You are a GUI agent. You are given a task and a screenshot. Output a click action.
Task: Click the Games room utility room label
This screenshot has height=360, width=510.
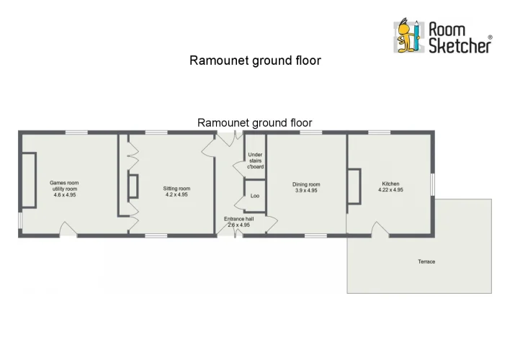64,186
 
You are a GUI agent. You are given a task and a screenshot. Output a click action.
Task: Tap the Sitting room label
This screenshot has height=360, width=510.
176,189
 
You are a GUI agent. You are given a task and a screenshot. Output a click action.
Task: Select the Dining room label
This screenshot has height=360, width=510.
306,184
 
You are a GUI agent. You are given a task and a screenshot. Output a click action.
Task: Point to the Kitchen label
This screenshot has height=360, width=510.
390,184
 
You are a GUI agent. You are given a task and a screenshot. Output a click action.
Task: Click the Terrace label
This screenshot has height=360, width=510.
426,261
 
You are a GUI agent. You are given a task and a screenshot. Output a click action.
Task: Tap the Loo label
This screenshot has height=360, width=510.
255,196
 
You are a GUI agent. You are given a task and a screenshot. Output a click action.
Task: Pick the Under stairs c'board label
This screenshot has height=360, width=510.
255,161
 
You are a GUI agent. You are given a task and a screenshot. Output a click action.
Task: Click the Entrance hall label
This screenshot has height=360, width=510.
238,219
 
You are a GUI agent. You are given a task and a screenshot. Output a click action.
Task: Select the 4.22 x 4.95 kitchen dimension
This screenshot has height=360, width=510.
390,190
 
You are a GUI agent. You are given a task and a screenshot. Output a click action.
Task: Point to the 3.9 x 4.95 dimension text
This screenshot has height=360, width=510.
306,191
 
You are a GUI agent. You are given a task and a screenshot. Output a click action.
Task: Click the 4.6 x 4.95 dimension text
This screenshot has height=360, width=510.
65,195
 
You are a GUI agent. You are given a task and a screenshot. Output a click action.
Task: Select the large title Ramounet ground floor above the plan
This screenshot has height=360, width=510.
255,60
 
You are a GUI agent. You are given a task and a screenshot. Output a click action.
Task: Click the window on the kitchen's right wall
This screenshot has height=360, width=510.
433,184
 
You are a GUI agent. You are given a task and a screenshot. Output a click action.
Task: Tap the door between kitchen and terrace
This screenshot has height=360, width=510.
380,229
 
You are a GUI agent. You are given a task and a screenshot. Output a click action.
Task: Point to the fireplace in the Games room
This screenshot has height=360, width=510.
29,180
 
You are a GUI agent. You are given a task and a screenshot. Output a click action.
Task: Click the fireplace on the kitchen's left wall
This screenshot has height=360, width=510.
354,186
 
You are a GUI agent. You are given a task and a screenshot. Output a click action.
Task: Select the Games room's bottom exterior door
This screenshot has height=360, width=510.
68,229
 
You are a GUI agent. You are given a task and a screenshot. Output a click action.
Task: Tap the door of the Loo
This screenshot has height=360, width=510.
239,202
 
